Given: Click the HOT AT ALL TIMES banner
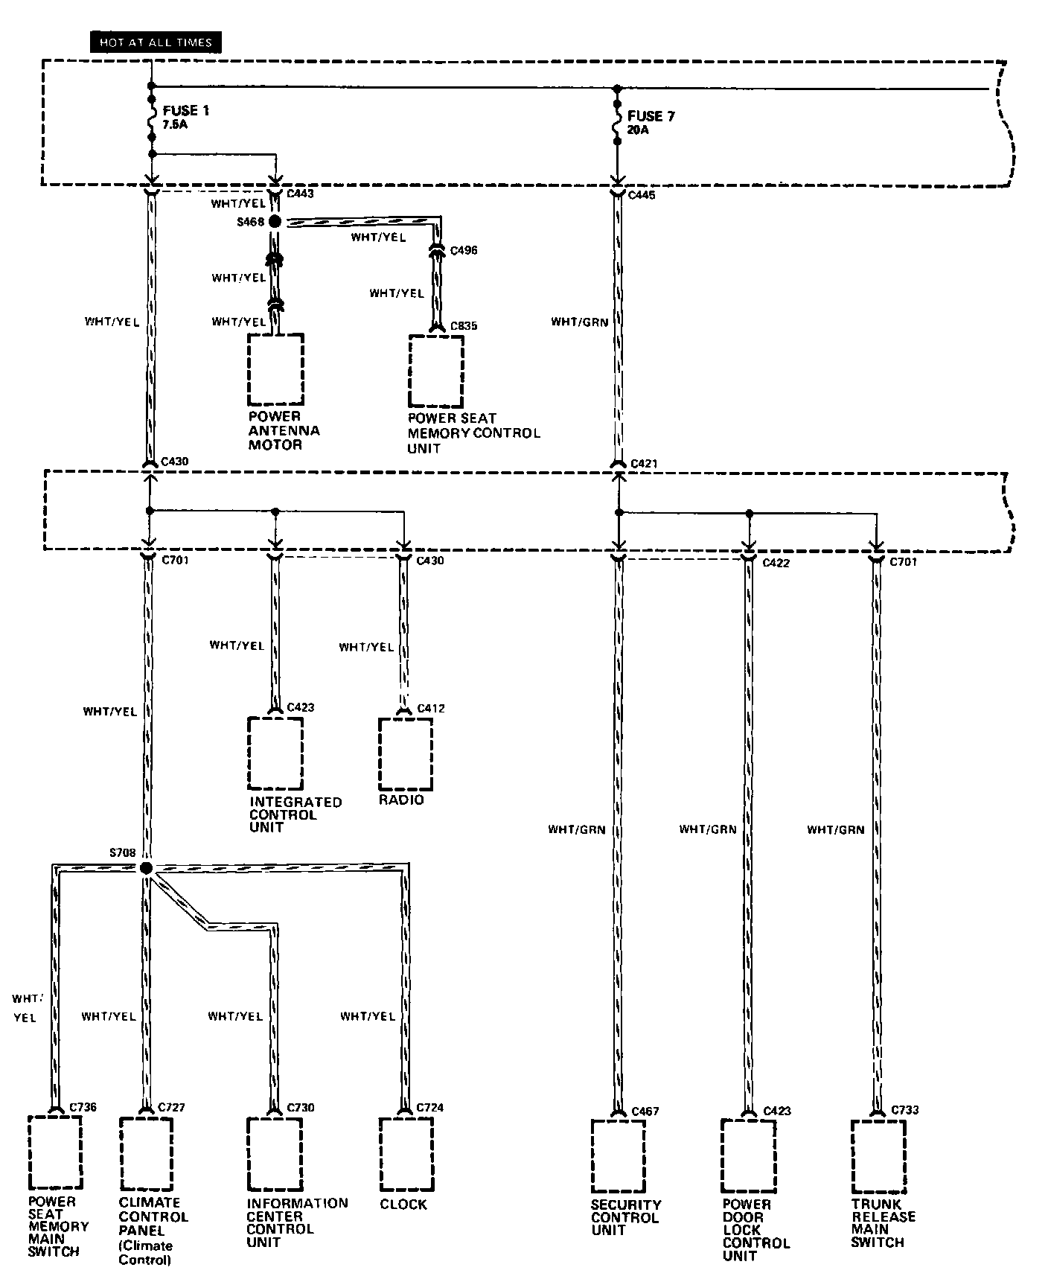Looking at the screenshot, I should click(x=156, y=42).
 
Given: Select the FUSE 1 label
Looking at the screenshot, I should click(x=185, y=111).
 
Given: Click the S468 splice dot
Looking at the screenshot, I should click(x=275, y=222).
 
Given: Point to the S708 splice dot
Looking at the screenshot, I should click(x=146, y=868).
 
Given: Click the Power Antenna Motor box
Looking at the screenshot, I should click(x=275, y=369).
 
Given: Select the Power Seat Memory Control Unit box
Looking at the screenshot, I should click(x=436, y=371).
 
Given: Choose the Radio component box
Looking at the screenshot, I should click(x=405, y=753).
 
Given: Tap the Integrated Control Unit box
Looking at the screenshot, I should click(x=275, y=753).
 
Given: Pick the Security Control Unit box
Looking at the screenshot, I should click(x=618, y=1155).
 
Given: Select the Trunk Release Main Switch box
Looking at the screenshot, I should click(x=878, y=1155).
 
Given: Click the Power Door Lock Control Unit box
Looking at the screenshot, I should click(x=747, y=1155).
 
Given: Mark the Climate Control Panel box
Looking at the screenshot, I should click(x=146, y=1154).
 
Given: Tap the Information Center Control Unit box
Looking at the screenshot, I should click(x=275, y=1154).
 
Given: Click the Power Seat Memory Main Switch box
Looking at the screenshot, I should click(x=54, y=1152).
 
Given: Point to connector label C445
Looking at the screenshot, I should click(x=643, y=195).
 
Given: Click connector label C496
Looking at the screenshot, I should click(x=464, y=250).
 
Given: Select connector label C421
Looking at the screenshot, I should click(x=645, y=464).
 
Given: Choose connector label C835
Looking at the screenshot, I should click(x=464, y=326).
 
